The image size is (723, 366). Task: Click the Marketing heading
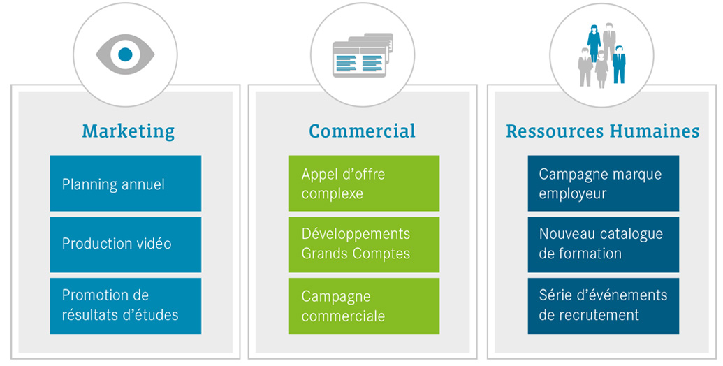point(129,131)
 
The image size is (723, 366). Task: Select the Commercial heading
point(362,131)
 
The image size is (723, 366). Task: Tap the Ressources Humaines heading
point(602,131)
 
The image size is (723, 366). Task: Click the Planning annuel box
point(126,184)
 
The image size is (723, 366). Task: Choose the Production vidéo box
point(126,244)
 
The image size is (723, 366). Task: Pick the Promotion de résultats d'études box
point(126,306)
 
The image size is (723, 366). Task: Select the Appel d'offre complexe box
point(364,184)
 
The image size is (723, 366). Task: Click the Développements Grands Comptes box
point(364,244)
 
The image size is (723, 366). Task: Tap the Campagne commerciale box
point(364,306)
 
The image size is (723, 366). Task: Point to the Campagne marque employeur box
point(603,184)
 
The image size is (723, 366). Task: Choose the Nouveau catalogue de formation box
point(603,244)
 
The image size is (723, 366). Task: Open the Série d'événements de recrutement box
point(603,306)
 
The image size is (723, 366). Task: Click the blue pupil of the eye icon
point(125,54)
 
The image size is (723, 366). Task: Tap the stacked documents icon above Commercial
point(363,55)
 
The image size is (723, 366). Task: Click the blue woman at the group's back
point(594,43)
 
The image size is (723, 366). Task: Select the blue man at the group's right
point(618,64)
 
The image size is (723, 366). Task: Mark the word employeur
point(573,194)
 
